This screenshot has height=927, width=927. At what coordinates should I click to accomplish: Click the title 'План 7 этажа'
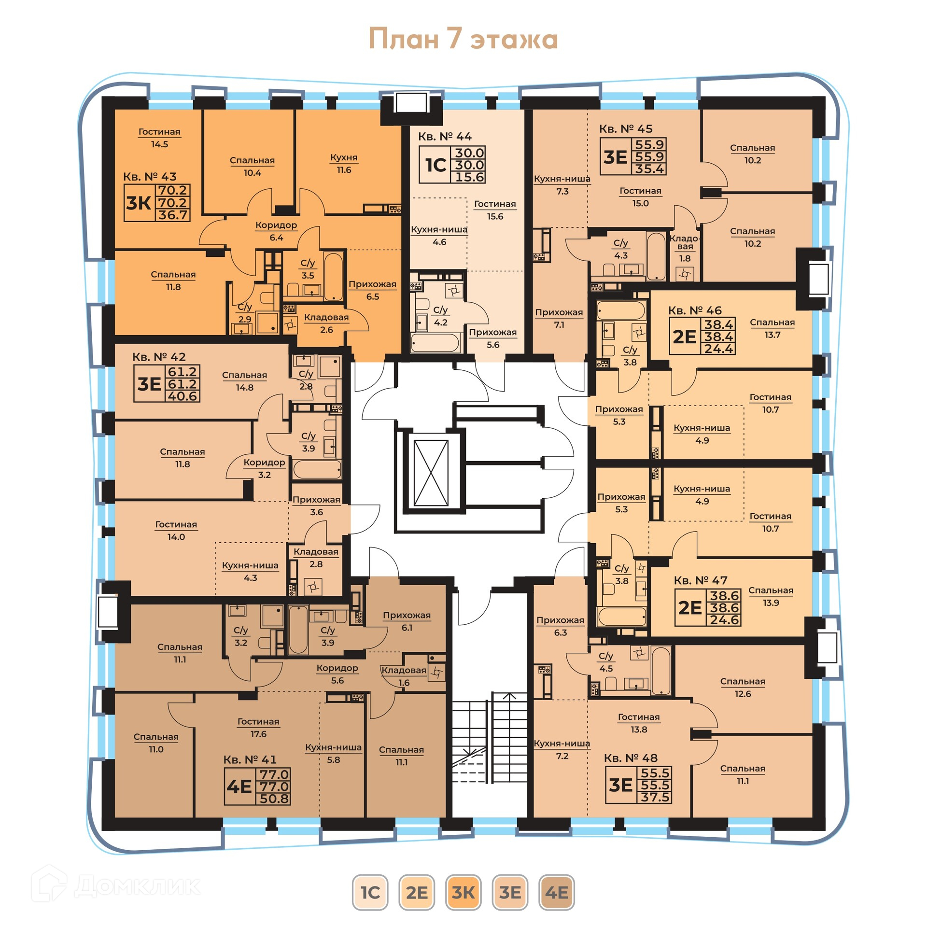click(463, 39)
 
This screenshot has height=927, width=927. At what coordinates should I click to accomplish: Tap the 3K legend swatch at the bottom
click(463, 892)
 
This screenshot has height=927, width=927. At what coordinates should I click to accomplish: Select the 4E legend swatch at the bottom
click(556, 892)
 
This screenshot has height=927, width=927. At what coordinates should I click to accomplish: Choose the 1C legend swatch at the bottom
click(370, 892)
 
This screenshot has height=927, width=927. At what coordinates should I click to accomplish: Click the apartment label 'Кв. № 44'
click(445, 137)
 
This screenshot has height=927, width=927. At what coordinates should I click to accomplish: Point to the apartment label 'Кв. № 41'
click(250, 759)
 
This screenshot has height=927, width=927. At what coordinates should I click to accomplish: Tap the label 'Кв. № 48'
click(631, 758)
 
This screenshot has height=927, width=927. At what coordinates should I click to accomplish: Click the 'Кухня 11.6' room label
click(344, 164)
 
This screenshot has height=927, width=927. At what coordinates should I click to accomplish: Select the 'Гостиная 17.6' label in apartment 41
click(258, 728)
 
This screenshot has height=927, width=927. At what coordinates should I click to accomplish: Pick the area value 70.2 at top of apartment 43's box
click(173, 190)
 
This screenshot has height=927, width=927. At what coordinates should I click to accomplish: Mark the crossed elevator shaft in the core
click(431, 473)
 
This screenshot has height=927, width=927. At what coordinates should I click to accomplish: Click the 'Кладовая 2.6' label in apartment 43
click(326, 323)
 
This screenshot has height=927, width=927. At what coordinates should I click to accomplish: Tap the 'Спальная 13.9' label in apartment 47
click(771, 596)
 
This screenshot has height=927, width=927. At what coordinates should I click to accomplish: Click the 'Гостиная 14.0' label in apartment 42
click(176, 530)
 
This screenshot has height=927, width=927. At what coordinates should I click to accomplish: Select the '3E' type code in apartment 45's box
click(615, 157)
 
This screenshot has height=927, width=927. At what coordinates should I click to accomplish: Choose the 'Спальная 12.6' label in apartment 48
click(743, 688)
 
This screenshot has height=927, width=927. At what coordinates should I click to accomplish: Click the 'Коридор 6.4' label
click(276, 231)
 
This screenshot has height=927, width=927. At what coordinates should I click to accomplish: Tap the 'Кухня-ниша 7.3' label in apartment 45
click(562, 185)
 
